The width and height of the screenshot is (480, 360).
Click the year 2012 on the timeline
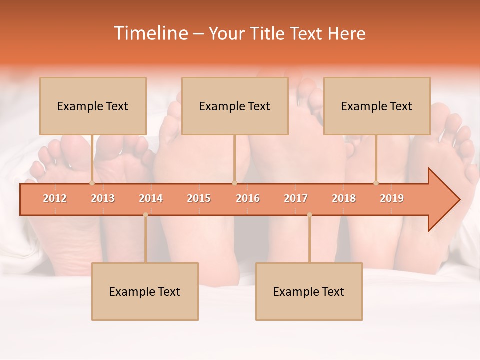[55, 198]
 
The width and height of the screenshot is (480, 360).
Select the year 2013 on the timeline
[103, 198]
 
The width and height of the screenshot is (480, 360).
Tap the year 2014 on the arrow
[151, 198]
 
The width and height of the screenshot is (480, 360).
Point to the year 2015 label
[199, 198]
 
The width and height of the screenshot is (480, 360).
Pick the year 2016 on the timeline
[248, 198]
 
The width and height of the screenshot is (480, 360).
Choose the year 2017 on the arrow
[296, 198]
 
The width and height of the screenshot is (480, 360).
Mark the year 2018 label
[344, 198]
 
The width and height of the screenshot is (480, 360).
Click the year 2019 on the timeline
[392, 198]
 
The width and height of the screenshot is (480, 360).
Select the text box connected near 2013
[93, 106]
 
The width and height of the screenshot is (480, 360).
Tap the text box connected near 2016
[235, 106]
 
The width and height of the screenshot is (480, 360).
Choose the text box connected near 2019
[377, 106]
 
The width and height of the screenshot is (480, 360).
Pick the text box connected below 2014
[145, 291]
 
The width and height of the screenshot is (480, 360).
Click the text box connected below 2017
[309, 291]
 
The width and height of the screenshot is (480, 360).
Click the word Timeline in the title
[149, 33]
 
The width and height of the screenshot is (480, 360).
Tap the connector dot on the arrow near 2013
[92, 183]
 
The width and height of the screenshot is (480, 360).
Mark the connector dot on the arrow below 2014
[145, 215]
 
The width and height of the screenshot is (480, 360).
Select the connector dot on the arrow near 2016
[234, 183]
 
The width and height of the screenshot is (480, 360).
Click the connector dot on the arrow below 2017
[309, 215]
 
